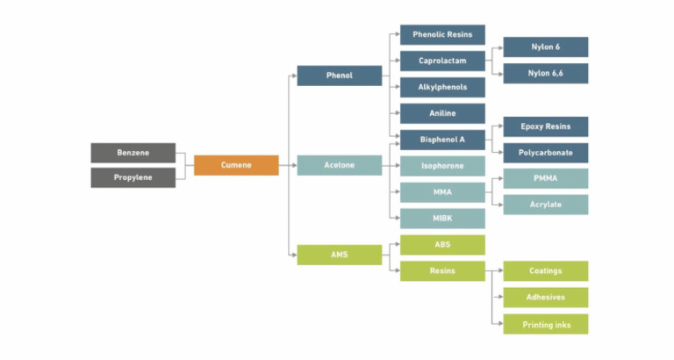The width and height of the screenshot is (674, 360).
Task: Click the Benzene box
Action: [x=133, y=153]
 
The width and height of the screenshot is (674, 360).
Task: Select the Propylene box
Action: [x=133, y=177]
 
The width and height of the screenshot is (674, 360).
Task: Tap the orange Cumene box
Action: [x=236, y=165]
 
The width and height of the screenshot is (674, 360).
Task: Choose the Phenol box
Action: [x=340, y=76]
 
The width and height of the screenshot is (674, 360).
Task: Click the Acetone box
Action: [x=340, y=165]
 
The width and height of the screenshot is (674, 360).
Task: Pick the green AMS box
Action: [x=340, y=255]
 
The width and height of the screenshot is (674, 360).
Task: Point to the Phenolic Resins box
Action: [x=442, y=35]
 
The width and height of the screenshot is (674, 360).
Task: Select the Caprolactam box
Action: [x=442, y=61]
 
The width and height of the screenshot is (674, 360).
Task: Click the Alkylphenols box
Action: [x=442, y=87]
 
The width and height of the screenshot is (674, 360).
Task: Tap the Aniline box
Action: [x=442, y=113]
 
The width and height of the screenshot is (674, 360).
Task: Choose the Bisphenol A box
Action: [x=442, y=140]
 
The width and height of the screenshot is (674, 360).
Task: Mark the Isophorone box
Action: [x=442, y=165]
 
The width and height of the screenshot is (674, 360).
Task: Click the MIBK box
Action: [x=442, y=218]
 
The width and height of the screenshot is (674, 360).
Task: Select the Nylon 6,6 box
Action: [x=545, y=74]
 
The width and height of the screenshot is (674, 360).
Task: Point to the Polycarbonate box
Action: [x=545, y=153]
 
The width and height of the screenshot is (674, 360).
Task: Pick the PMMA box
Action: [x=545, y=178]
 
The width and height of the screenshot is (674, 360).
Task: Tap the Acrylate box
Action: [x=545, y=205]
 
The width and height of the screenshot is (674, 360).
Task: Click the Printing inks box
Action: [x=545, y=324]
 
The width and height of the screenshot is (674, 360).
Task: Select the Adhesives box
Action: [x=545, y=298]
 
